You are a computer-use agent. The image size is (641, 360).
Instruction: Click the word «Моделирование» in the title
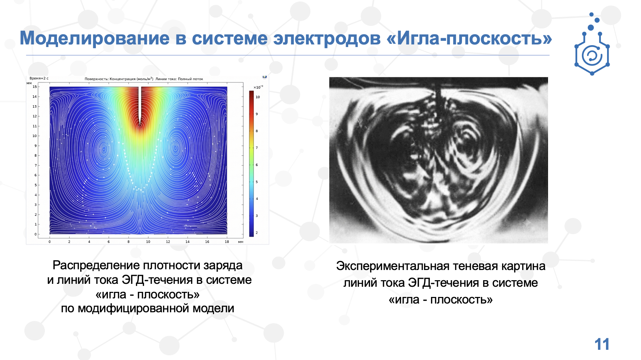[95, 38]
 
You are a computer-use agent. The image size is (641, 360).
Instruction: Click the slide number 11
[602, 344]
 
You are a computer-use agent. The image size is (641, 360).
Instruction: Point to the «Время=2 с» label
[39, 78]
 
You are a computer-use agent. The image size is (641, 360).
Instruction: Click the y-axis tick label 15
[35, 87]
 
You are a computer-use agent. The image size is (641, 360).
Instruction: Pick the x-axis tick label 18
[227, 242]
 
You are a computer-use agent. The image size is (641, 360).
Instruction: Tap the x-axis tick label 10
[148, 242]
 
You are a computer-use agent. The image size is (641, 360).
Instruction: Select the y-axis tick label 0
[35, 234]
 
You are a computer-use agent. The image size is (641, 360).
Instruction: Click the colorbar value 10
[258, 97]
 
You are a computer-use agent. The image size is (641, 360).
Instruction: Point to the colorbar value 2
[257, 232]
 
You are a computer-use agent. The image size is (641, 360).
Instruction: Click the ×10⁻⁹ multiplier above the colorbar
[258, 87]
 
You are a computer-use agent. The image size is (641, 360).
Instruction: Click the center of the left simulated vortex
[104, 149]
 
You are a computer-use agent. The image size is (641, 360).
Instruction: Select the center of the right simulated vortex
[176, 148]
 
